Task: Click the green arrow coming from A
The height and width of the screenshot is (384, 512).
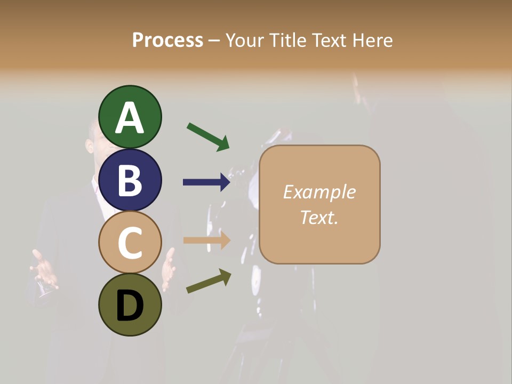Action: [208, 137]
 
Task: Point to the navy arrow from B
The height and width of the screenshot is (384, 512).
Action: [206, 182]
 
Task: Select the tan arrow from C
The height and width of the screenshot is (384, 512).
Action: [206, 241]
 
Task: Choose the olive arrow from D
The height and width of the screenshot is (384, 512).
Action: [209, 281]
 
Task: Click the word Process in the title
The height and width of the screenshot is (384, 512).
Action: [167, 40]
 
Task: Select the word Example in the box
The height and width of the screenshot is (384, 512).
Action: [319, 192]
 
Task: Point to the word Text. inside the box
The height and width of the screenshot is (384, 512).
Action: [319, 218]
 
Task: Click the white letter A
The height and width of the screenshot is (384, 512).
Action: [130, 118]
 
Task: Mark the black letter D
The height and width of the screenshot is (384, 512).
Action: [130, 306]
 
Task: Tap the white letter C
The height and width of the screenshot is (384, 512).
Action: [130, 243]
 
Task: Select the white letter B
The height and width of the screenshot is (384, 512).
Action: [130, 181]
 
